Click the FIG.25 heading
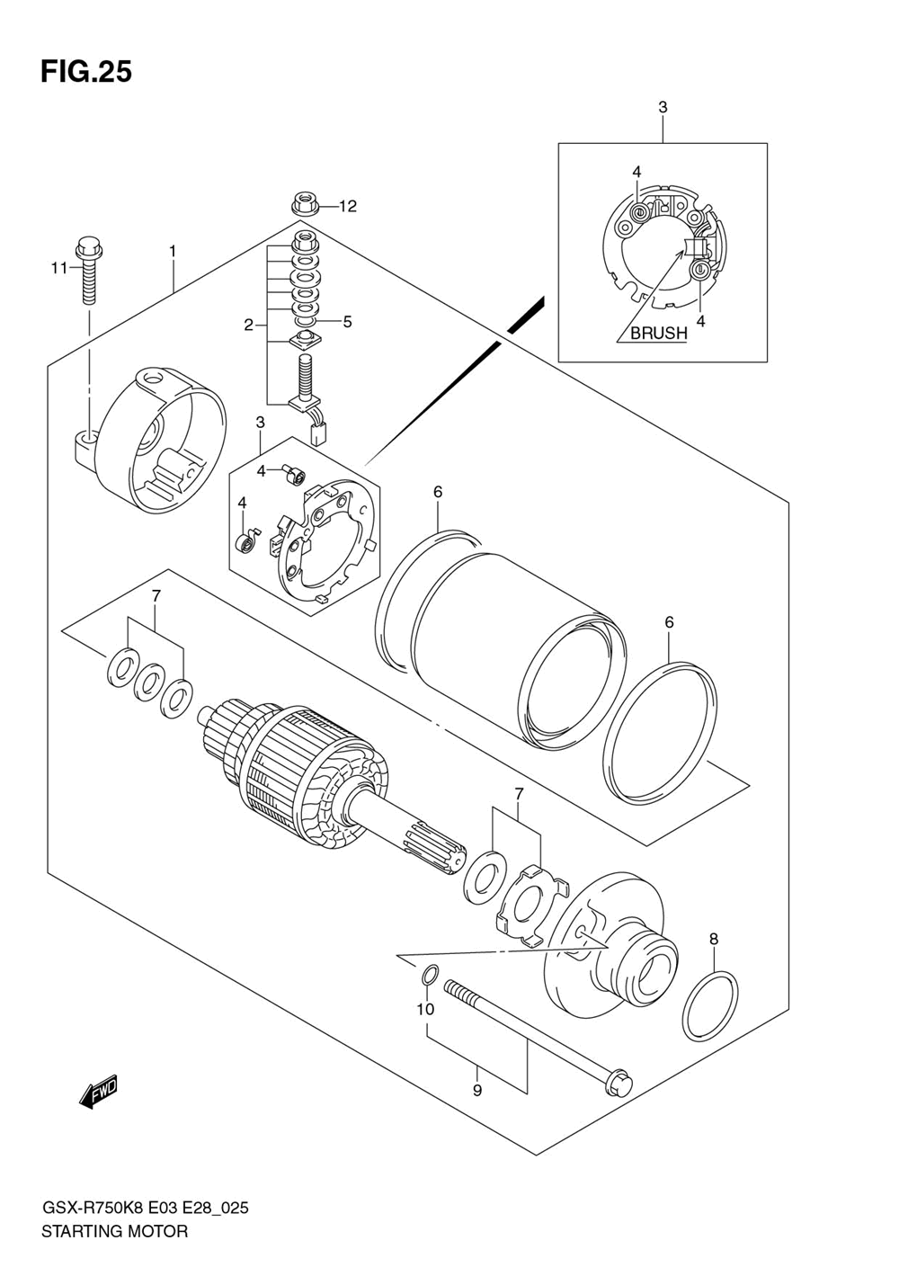tap(86, 72)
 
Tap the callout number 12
tap(347, 206)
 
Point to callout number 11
tap(59, 267)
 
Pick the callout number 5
tap(347, 321)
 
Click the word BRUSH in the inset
tap(658, 333)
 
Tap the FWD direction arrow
tap(99, 1092)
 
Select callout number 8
tap(713, 939)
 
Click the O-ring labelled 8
tap(710, 1006)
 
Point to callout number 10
tap(425, 1009)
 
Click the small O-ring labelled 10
tap(431, 974)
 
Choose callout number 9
tap(477, 1090)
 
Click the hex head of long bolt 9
tap(619, 1082)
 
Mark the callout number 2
tap(249, 325)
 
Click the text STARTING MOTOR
tap(114, 1231)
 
